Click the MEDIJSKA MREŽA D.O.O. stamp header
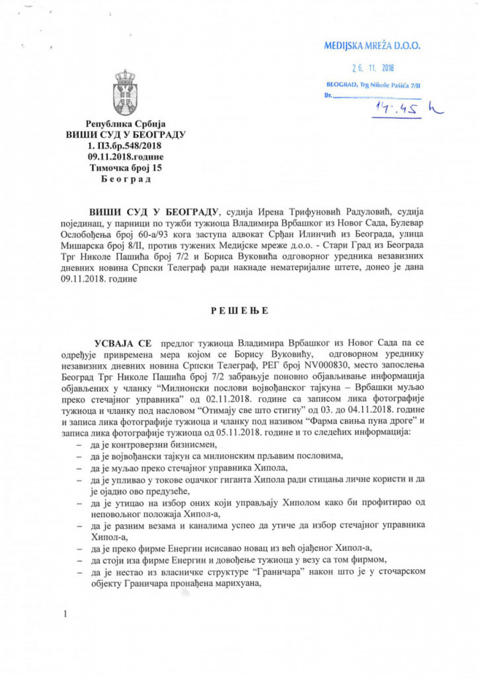(372, 46)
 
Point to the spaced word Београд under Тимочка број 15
(126, 179)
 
